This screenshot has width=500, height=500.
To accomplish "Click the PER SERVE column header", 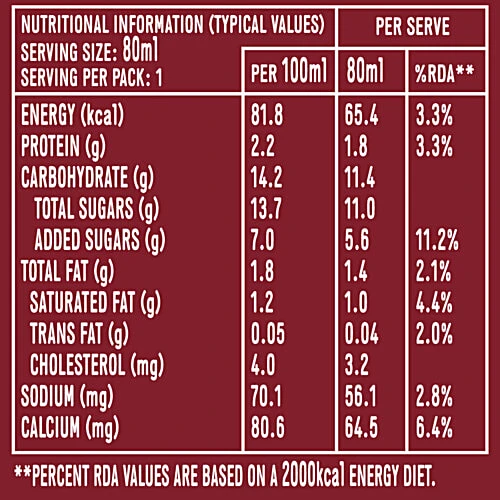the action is [412, 26].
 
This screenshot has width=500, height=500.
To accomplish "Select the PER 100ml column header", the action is [289, 70].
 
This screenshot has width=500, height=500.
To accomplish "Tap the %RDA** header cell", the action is [444, 73].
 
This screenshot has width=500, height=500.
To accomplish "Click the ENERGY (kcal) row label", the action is [72, 115].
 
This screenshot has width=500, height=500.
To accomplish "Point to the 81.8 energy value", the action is [267, 115].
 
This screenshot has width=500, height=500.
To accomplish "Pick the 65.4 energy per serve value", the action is [362, 115].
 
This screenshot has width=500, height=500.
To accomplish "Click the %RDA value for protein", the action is [434, 146].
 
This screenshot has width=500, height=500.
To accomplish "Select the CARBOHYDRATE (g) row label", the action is [87, 178].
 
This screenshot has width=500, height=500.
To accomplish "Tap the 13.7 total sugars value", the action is [266, 208].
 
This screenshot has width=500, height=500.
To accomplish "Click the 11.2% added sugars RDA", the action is [437, 240].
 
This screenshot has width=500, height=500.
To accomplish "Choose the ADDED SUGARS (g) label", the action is [100, 240].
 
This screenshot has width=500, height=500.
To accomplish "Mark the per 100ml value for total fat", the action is [262, 271].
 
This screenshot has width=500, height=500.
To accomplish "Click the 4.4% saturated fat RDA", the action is [434, 302].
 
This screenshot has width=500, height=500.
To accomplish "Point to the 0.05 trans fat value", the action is [268, 333].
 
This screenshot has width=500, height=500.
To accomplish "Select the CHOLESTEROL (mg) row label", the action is [97, 365].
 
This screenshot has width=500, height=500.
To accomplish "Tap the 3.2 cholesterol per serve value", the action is [357, 365].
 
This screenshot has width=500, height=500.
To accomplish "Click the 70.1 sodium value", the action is [266, 396].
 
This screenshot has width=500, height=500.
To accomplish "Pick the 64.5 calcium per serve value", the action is [362, 427].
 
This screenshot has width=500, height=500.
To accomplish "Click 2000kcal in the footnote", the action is [313, 475].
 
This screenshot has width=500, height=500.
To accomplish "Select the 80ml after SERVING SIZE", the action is [140, 49].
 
